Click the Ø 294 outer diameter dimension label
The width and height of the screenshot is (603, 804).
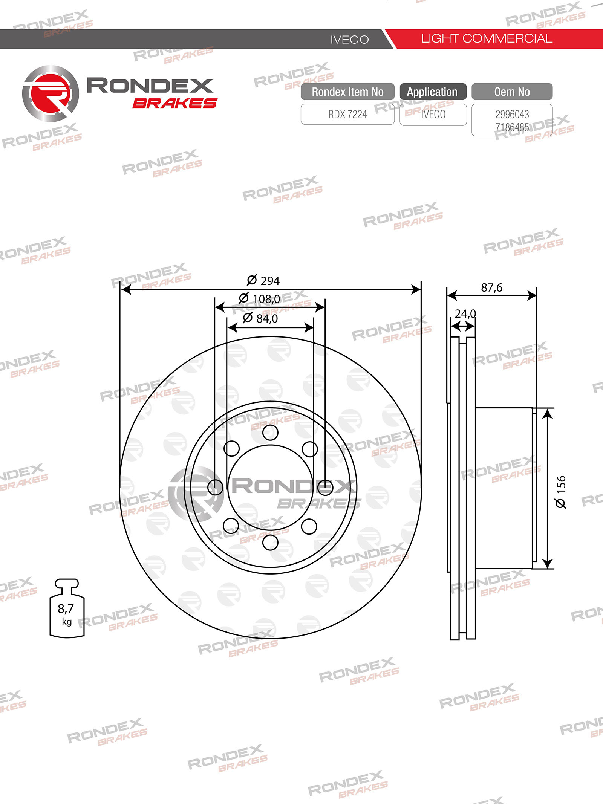(x=263, y=281)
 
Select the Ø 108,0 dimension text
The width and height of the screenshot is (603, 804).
(x=259, y=299)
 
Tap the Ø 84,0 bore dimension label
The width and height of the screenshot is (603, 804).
(x=260, y=318)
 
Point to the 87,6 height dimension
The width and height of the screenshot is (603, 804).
(x=491, y=288)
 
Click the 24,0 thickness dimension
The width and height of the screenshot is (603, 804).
(x=465, y=313)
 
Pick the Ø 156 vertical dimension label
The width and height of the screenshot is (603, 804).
(x=561, y=492)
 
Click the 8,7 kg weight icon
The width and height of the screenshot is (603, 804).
(x=67, y=608)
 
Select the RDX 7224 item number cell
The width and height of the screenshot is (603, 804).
(x=347, y=114)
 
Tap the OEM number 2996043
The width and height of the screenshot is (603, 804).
(x=512, y=114)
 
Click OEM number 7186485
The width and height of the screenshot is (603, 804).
(x=512, y=127)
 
